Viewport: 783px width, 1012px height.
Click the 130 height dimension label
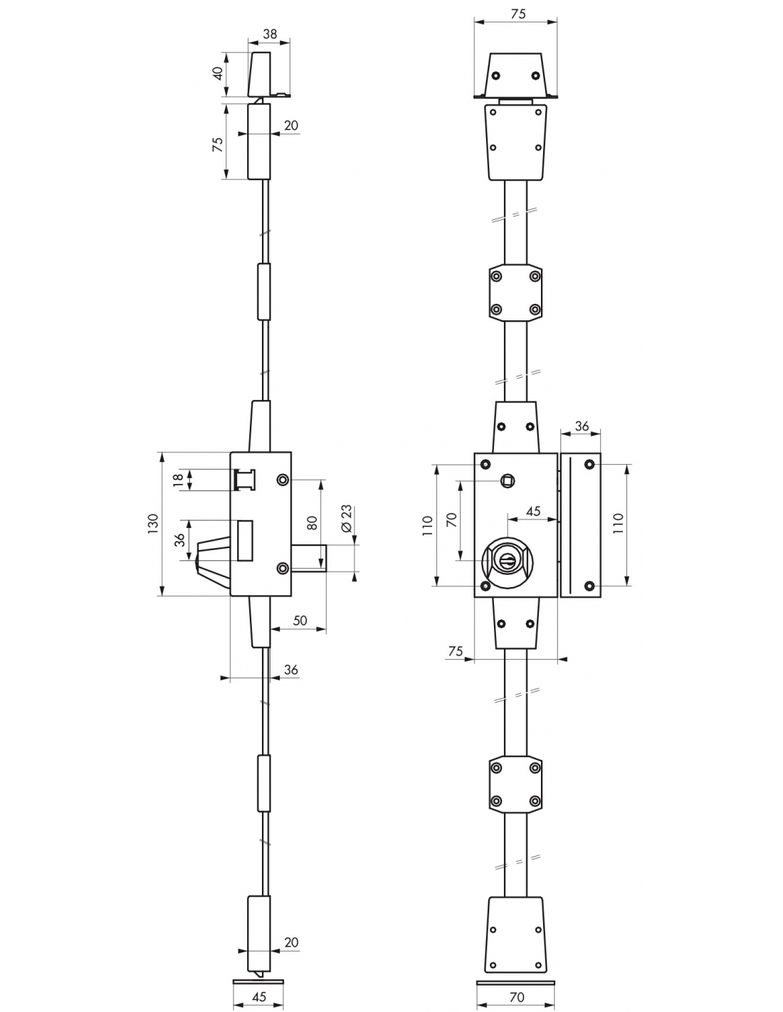pos(153,524)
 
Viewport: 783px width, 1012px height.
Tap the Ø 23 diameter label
pos(347,518)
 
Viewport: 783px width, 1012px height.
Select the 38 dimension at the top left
pos(270,33)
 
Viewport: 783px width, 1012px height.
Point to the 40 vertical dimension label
pos(218,73)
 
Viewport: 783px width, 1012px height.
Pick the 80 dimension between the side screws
pos(312,522)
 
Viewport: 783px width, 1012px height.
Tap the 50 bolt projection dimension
pos(300,621)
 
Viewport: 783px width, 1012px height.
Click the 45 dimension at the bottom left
pos(259,996)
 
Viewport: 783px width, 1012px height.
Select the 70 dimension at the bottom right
pos(517,997)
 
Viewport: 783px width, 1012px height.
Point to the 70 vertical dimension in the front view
pos(451,520)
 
